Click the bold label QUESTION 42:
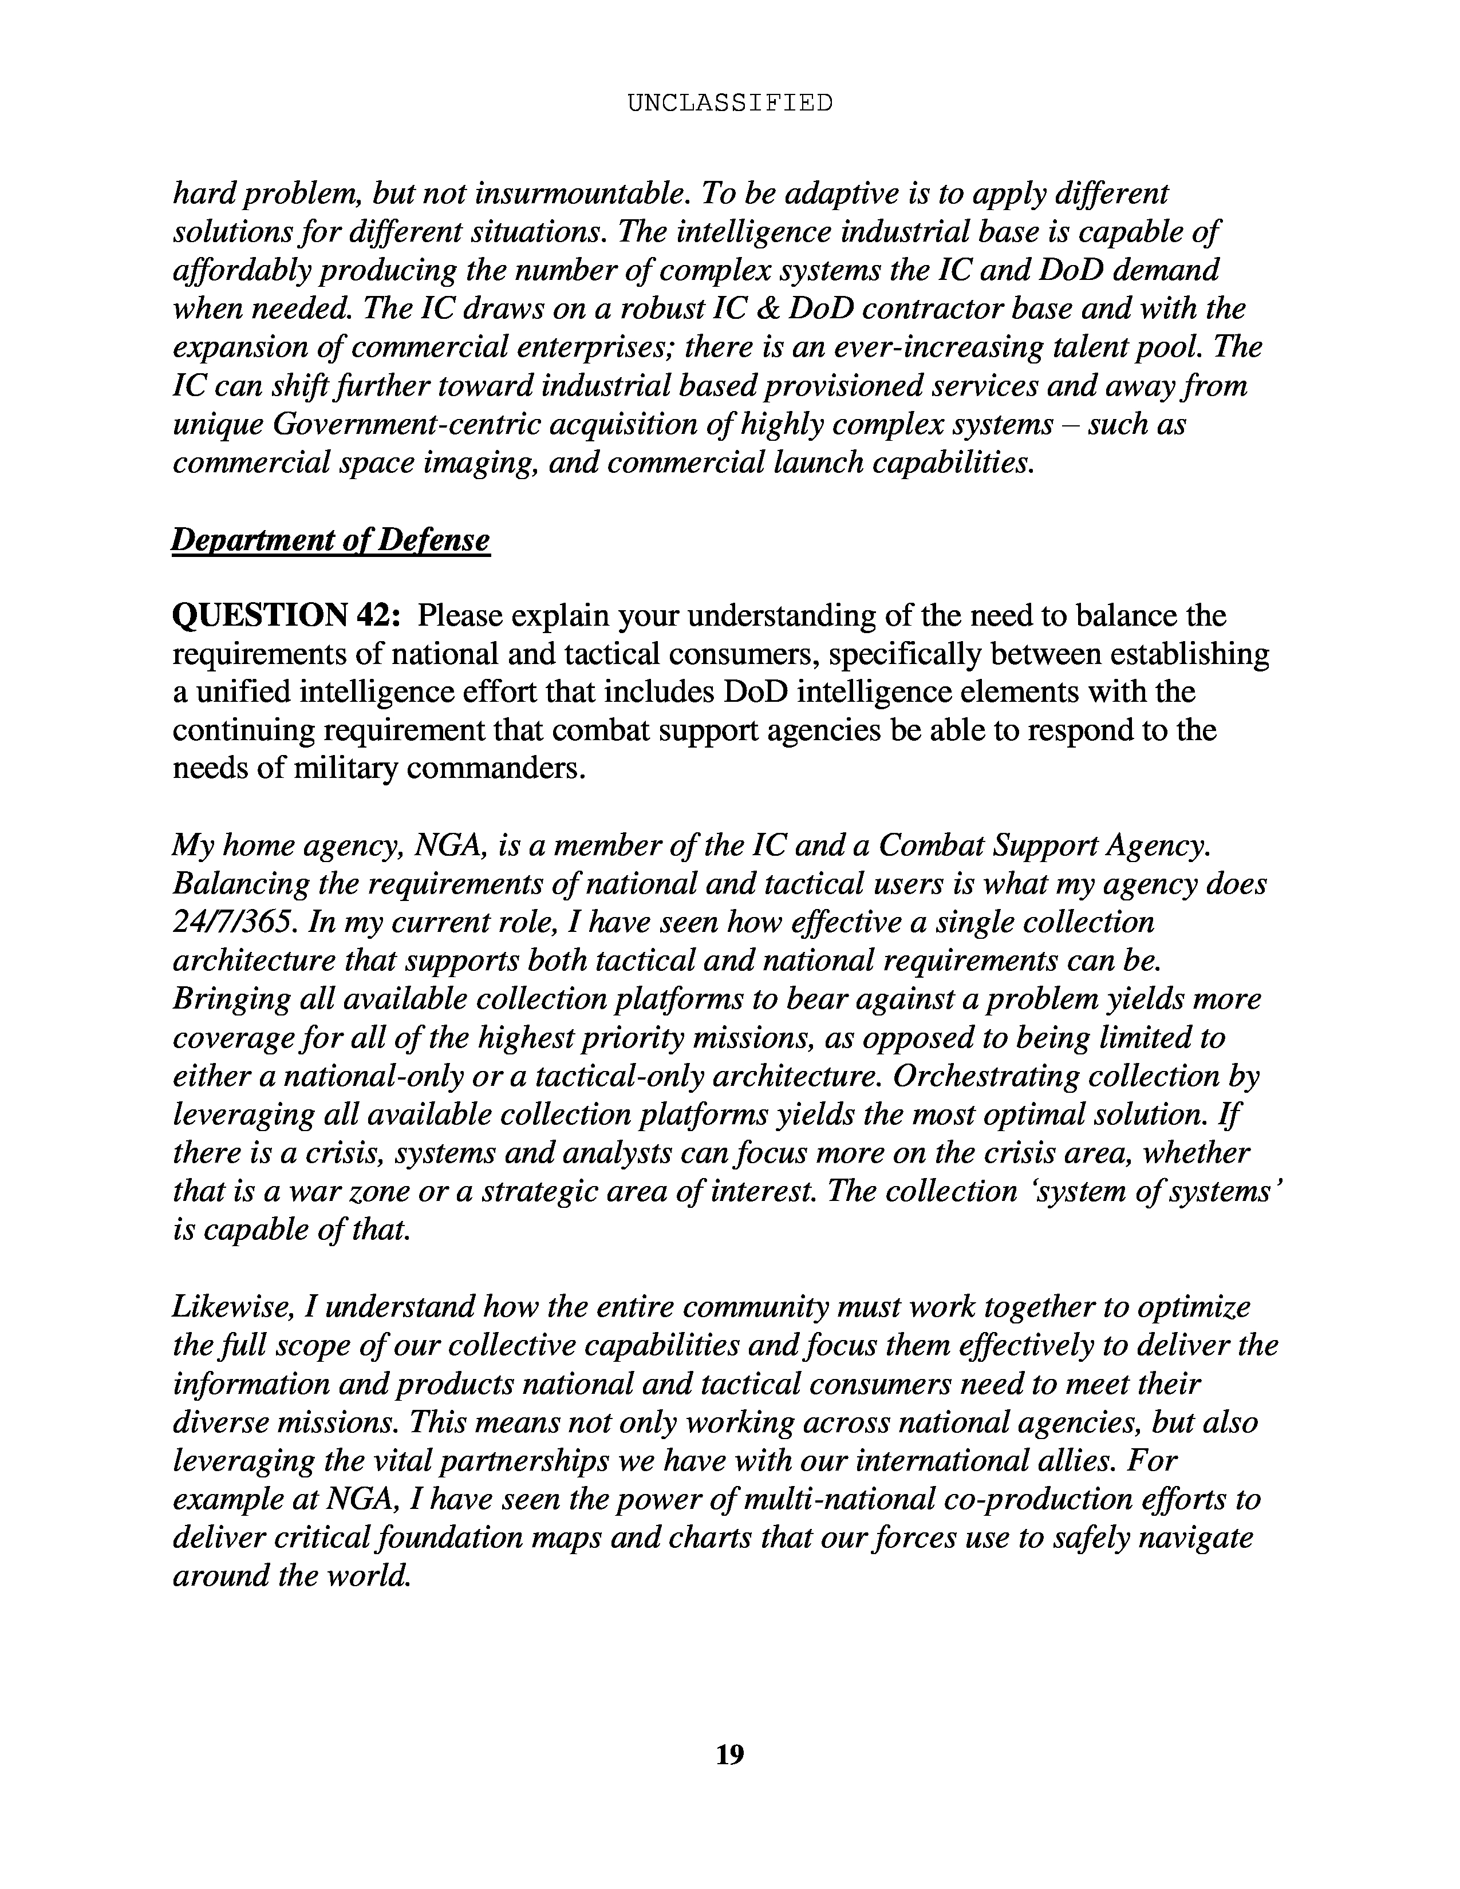point(286,616)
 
